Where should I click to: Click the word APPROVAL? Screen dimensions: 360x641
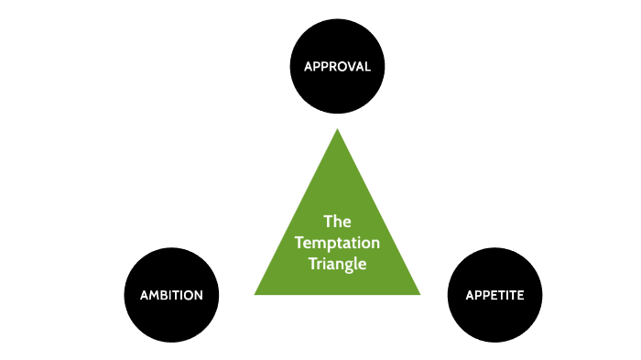(337, 67)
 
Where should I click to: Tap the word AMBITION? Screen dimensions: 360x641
(171, 295)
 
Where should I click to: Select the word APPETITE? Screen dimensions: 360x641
(494, 295)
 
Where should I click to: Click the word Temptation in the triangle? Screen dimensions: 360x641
(338, 243)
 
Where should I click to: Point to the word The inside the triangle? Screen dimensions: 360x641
(338, 222)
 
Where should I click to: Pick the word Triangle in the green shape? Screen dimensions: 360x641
(338, 264)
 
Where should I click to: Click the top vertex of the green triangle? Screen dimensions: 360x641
(337, 129)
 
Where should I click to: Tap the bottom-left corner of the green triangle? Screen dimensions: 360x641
(255, 294)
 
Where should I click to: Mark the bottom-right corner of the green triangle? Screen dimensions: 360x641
(420, 294)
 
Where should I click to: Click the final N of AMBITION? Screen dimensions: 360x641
(211, 295)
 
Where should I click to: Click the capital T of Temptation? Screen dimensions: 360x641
(300, 243)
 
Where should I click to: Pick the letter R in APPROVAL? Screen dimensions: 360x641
(330, 67)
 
